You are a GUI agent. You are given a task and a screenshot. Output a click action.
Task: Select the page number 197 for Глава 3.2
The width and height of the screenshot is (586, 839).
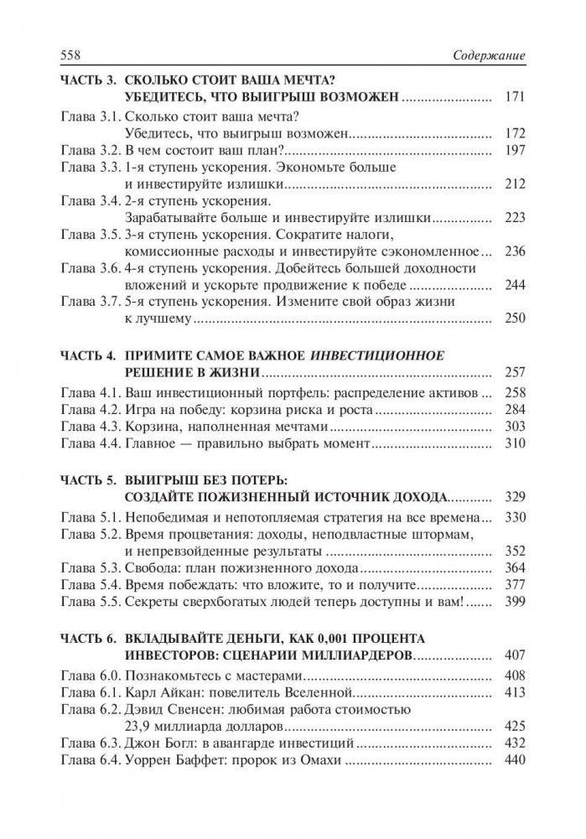click(515, 150)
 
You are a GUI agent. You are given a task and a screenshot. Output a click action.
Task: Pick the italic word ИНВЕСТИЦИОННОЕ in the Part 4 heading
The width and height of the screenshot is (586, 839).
click(372, 353)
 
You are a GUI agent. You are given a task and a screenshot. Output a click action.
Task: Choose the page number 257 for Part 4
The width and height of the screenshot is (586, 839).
click(515, 370)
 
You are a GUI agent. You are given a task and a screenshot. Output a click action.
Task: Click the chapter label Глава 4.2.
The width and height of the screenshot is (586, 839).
click(91, 409)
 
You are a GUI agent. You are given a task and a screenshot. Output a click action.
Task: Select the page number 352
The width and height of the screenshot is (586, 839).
click(515, 552)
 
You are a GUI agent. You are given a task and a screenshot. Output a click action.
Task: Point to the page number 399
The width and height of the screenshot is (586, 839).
click(515, 603)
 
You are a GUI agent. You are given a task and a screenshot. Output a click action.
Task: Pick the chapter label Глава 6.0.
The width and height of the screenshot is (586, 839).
click(91, 675)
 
